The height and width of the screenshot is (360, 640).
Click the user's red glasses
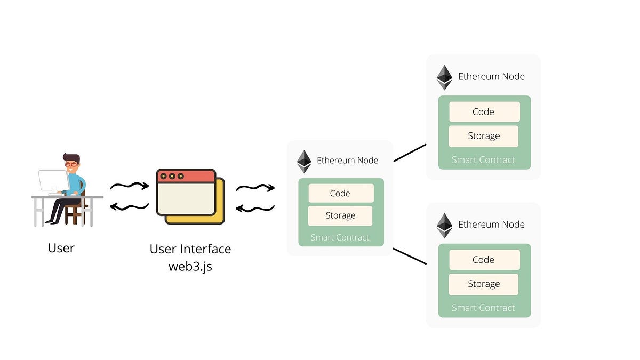tap(70, 165)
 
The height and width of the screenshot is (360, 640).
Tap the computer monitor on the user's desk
tap(52, 181)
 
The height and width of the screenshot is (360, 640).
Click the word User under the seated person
tap(61, 248)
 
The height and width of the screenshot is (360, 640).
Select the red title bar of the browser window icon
tap(186, 176)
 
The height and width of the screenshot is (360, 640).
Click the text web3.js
tap(190, 266)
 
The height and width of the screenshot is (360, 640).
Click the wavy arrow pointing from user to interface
tap(129, 186)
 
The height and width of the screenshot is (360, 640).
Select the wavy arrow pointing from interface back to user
tap(129, 206)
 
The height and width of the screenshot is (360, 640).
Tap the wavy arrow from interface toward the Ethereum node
tap(255, 188)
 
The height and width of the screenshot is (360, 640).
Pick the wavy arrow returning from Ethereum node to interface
tap(255, 208)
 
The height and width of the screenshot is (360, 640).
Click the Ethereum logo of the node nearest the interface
tap(304, 161)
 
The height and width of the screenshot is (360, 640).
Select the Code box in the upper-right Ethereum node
tap(484, 112)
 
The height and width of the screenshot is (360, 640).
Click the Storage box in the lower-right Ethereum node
tap(484, 284)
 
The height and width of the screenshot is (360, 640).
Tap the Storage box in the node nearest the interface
tap(341, 215)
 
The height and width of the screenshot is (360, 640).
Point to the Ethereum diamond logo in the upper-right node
tap(444, 77)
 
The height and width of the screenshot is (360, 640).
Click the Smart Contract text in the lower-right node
tap(484, 308)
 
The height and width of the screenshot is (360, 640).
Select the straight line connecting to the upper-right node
tap(410, 153)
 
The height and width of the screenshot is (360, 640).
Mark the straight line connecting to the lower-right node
tap(410, 256)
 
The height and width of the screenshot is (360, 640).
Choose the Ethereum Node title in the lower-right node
tap(491, 225)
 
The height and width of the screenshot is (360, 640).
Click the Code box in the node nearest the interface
tap(341, 193)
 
